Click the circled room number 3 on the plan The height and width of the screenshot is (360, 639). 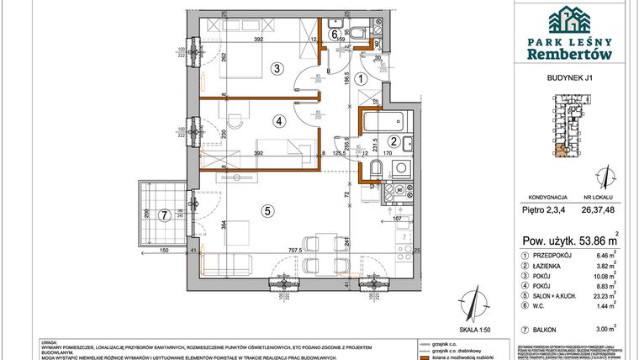click(x=274, y=69)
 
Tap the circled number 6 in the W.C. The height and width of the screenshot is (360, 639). click(x=335, y=34)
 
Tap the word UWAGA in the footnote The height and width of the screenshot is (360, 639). click(x=50, y=341)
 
